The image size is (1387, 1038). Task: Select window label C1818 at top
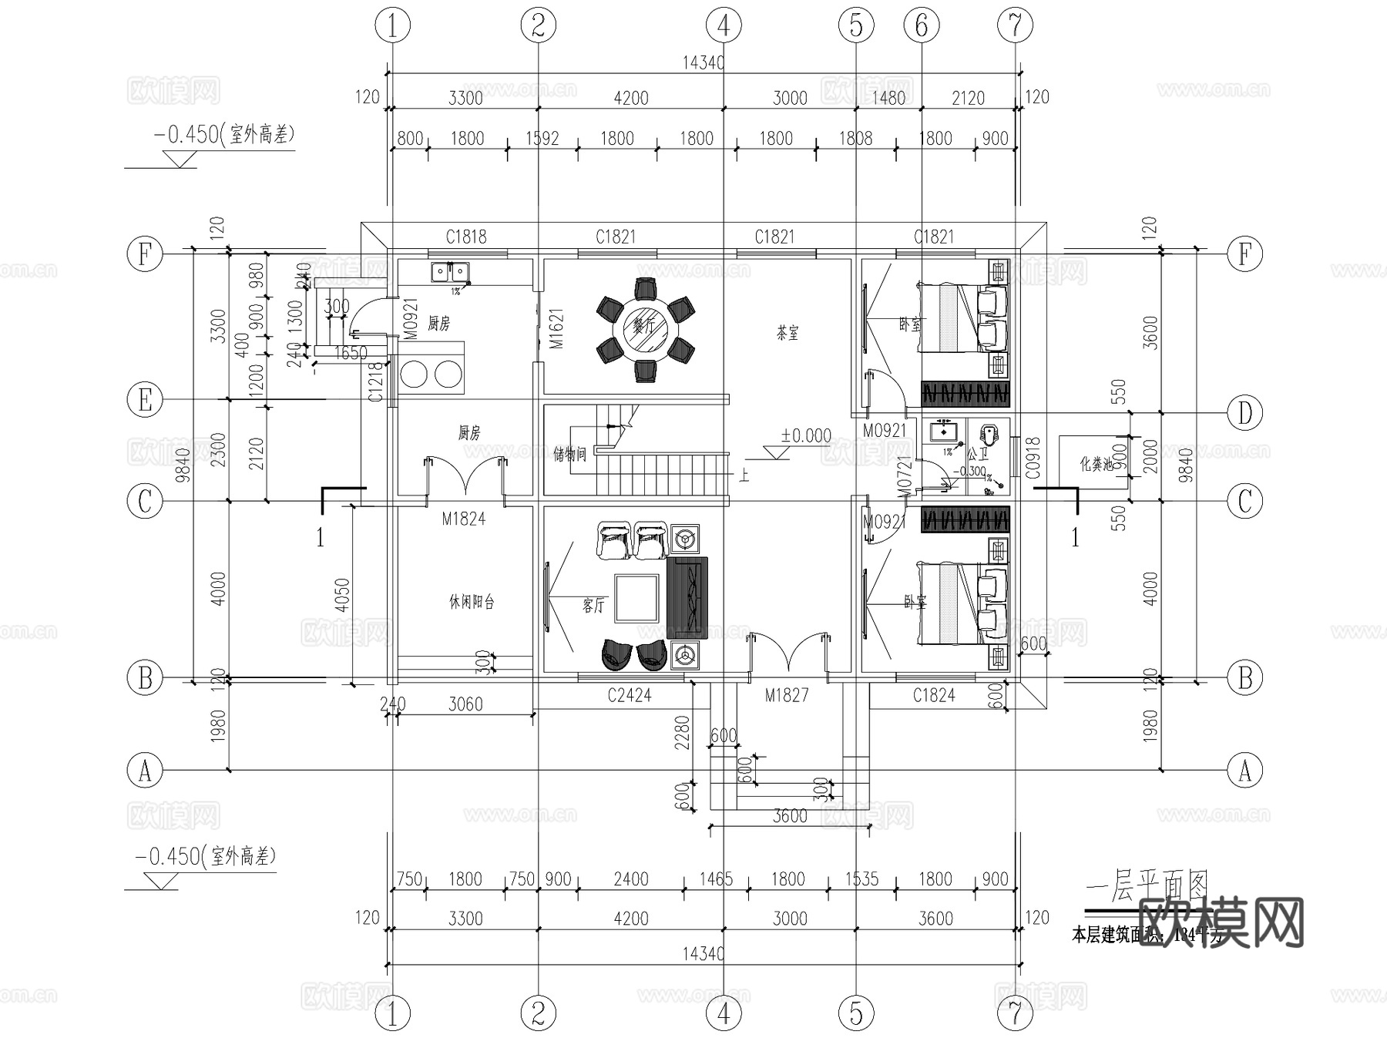pos(466,237)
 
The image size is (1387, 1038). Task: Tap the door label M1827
pos(786,695)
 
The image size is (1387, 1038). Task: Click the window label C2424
pos(629,695)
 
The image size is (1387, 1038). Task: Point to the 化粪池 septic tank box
pos(1094,462)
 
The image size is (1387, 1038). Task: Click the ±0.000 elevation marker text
pos(806,435)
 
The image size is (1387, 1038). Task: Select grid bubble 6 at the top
pos(922,25)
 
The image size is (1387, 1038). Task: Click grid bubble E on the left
pos(145,400)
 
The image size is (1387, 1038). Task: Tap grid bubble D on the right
pos(1244,413)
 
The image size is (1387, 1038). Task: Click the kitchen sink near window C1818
pos(449,271)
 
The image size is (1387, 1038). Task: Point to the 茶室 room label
pos(787,333)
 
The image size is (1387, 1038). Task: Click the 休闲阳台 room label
pos(472,602)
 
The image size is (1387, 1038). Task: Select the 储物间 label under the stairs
pos(570,454)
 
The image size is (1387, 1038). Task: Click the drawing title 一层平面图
pos(1147,889)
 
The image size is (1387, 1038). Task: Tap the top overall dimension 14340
pos(703,62)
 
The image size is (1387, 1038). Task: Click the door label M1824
pos(464,519)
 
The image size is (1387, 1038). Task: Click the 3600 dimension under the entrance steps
pos(790,816)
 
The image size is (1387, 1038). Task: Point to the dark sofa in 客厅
pos(687,594)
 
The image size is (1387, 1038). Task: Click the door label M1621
pos(556,329)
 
